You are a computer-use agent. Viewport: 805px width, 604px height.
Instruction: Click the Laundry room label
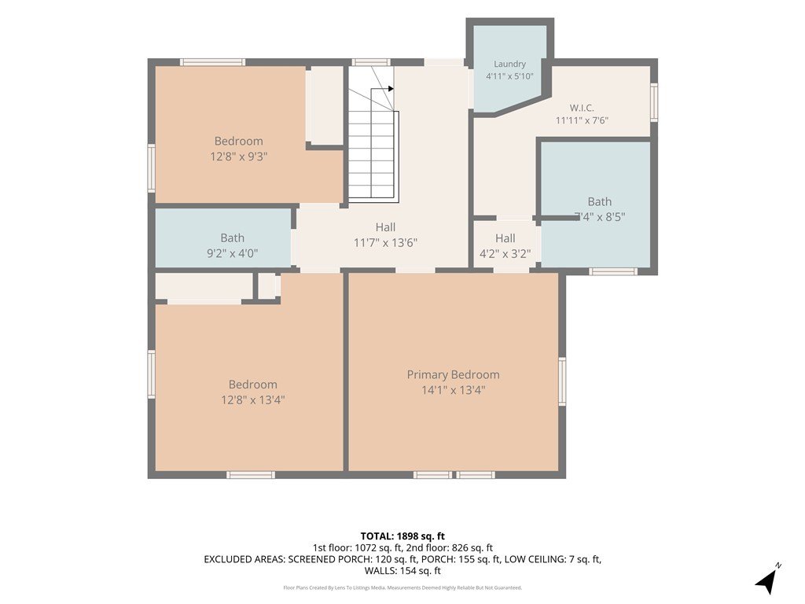pyautogui.click(x=509, y=64)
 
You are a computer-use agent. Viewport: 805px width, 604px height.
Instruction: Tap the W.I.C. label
pyautogui.click(x=582, y=108)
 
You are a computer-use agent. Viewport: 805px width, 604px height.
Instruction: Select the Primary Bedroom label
pyautogui.click(x=453, y=375)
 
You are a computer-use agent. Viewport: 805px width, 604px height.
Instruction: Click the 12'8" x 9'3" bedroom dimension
pyautogui.click(x=239, y=157)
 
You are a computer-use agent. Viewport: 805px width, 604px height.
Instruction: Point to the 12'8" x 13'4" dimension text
pyautogui.click(x=252, y=400)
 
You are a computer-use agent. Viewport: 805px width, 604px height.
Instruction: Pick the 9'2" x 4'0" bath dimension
pyautogui.click(x=232, y=252)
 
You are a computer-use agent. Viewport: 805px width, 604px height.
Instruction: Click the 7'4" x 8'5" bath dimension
pyautogui.click(x=599, y=217)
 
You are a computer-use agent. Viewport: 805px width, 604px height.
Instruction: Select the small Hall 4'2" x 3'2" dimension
pyautogui.click(x=505, y=254)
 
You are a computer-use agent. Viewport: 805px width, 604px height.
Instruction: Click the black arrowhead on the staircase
pyautogui.click(x=391, y=89)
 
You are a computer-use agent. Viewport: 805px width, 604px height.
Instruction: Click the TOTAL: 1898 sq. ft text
pyautogui.click(x=402, y=536)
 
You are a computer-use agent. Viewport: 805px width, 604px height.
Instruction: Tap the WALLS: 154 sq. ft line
pyautogui.click(x=402, y=571)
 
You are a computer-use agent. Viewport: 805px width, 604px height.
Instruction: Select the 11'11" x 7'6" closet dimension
pyautogui.click(x=582, y=120)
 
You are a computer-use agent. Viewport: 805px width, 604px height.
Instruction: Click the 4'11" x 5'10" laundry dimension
pyautogui.click(x=509, y=76)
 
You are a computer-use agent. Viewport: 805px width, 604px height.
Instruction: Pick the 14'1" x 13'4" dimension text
pyautogui.click(x=453, y=390)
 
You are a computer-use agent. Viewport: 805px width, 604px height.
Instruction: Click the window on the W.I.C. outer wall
pyautogui.click(x=654, y=103)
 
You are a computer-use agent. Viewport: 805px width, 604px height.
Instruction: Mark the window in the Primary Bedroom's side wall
pyautogui.click(x=562, y=381)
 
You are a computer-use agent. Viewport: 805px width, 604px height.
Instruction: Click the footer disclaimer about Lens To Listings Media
pyautogui.click(x=402, y=587)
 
